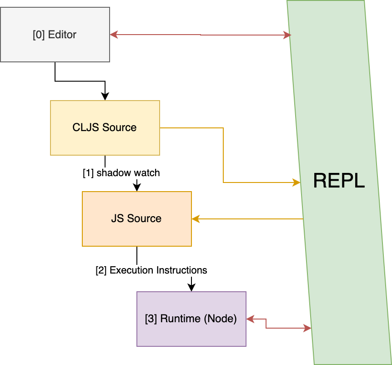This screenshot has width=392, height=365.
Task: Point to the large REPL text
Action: tap(339, 181)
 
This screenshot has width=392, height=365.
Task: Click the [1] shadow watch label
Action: tap(121, 173)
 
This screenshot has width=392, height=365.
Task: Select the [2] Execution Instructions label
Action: tap(151, 270)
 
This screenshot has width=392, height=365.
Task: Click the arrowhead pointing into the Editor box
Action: tap(114, 35)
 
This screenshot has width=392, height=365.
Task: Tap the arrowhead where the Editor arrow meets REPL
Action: tap(287, 35)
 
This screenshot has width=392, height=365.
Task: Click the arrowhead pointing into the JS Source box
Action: tap(196, 219)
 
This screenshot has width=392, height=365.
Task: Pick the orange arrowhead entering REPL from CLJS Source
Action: tap(297, 182)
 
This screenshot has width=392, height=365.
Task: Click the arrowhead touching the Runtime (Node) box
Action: tap(250, 319)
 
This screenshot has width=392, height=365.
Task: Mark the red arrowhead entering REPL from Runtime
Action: tap(307, 328)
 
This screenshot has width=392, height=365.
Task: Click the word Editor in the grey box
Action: tap(62, 35)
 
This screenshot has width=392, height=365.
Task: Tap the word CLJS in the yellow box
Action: tap(83, 127)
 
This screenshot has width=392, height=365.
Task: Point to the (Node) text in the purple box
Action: tap(221, 319)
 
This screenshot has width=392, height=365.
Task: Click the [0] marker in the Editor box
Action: tap(39, 35)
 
